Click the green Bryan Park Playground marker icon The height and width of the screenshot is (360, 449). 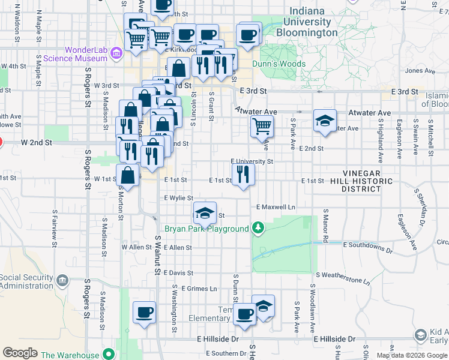pyautogui.click(x=258, y=227)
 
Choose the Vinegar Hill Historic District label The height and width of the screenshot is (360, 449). pyautogui.click(x=360, y=181)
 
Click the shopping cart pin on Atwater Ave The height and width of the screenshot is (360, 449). pyautogui.click(x=262, y=126)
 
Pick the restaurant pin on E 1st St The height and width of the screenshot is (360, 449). pyautogui.click(x=243, y=174)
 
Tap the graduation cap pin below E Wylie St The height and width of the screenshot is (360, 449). pyautogui.click(x=205, y=212)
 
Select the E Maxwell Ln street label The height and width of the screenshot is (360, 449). pyautogui.click(x=276, y=207)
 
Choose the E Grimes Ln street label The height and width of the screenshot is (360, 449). pyautogui.click(x=199, y=289)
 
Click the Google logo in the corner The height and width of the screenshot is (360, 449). pyautogui.click(x=20, y=353)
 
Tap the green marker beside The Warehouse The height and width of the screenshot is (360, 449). pyautogui.click(x=109, y=355)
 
